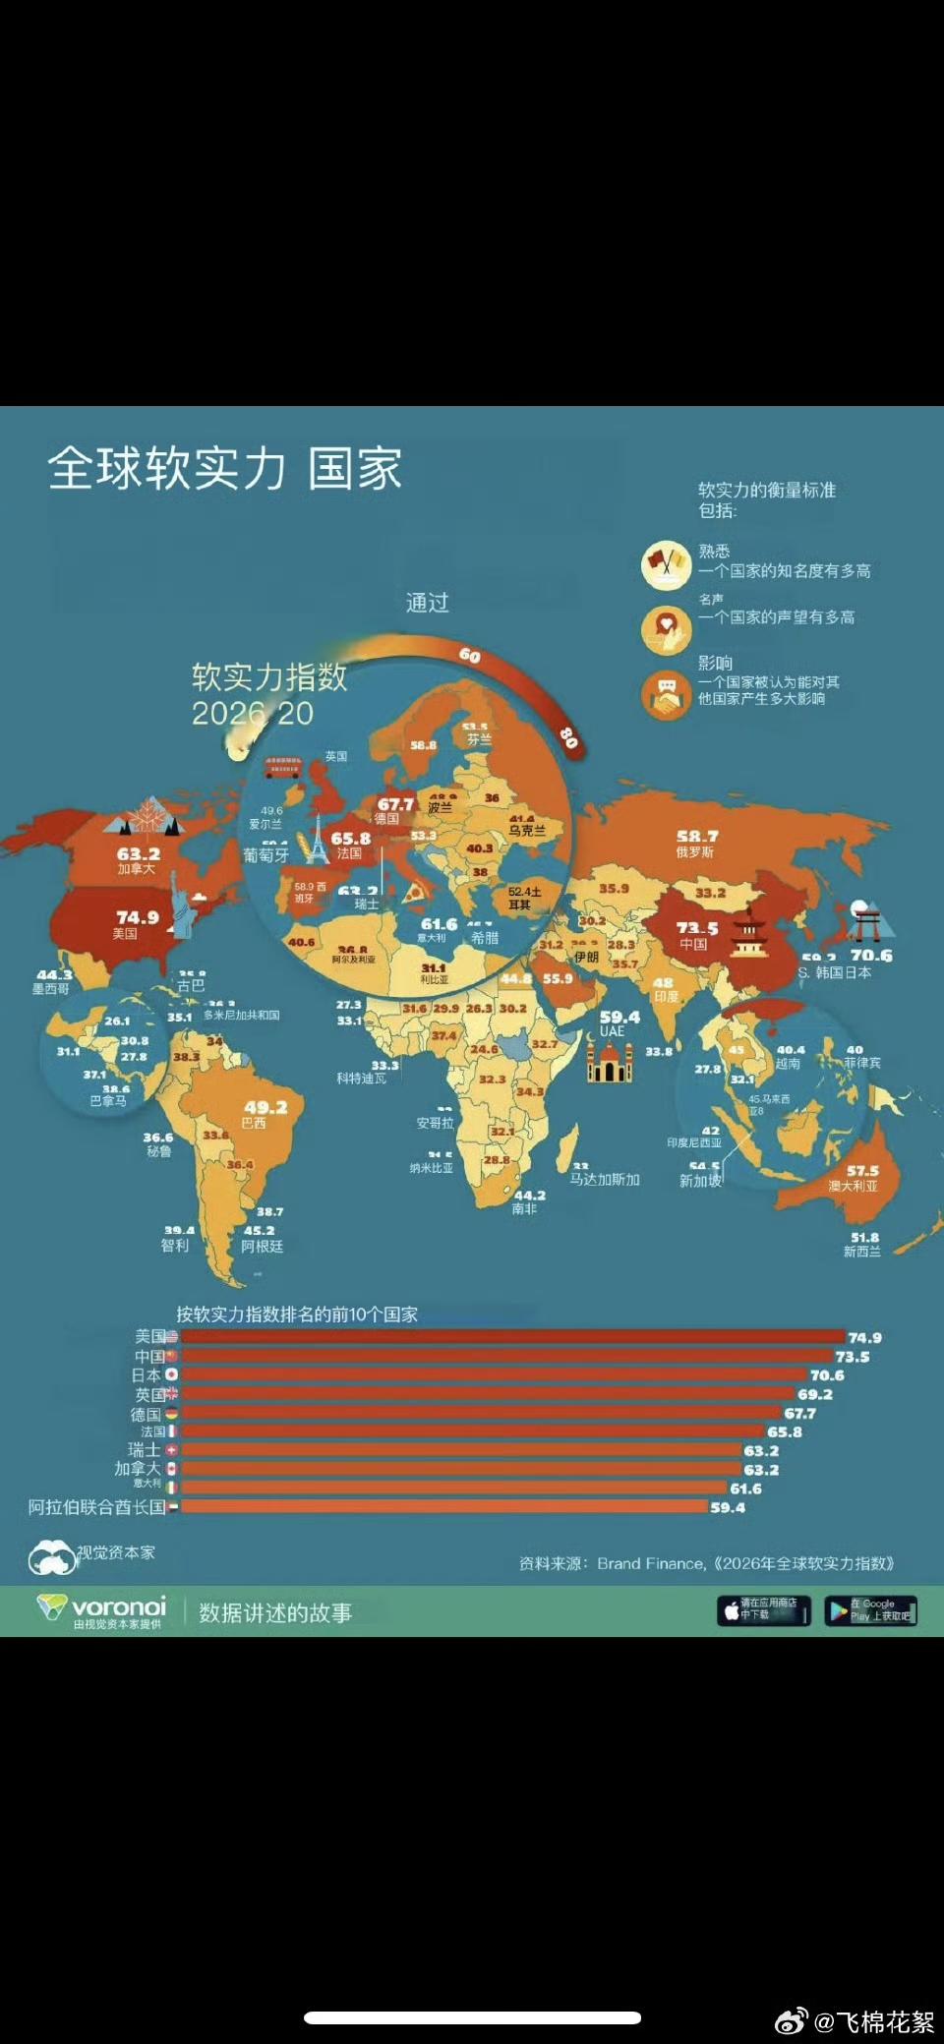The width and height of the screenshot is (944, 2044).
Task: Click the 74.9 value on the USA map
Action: (x=137, y=916)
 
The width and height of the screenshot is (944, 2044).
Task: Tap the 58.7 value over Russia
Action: (x=696, y=837)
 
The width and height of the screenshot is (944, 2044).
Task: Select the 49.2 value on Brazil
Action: (x=265, y=1107)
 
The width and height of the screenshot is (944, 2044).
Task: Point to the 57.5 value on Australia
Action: (x=862, y=1171)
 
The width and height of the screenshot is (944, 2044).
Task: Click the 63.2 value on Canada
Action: (x=139, y=854)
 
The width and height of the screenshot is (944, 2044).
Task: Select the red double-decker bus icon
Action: (x=282, y=766)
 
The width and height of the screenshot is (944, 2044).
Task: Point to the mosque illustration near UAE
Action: (x=610, y=1061)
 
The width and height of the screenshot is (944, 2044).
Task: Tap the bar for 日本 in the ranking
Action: (x=492, y=1374)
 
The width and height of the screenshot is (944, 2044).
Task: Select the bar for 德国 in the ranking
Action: (x=482, y=1413)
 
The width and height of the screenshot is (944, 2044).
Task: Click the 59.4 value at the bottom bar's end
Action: (x=728, y=1507)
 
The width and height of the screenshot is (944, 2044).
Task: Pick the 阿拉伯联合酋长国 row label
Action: (x=96, y=1507)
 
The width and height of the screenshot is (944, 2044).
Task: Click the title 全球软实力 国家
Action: (x=224, y=468)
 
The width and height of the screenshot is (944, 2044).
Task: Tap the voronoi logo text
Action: (x=118, y=1607)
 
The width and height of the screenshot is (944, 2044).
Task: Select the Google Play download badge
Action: (x=870, y=1610)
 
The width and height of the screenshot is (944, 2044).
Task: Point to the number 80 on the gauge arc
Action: (x=568, y=736)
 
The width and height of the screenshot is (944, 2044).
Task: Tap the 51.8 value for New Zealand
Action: (x=864, y=1238)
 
